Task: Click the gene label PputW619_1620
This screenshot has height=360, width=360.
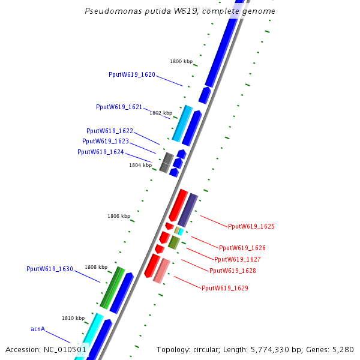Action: [132, 75]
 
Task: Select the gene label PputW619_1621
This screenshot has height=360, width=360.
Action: [119, 107]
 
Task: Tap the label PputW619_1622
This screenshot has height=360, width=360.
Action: [110, 131]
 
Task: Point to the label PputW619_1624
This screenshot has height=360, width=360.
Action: [101, 152]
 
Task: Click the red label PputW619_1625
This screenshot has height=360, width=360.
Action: [251, 227]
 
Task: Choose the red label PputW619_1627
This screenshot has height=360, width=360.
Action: [238, 260]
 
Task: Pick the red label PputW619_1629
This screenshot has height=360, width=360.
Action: [225, 289]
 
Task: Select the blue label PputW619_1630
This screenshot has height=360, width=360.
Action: [50, 269]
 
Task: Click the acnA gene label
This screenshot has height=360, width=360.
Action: [38, 329]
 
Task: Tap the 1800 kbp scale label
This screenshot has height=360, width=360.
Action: [181, 62]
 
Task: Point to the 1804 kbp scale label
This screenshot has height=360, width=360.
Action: [140, 165]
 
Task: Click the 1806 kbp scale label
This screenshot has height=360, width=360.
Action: [119, 216]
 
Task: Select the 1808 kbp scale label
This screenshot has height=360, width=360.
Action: [96, 267]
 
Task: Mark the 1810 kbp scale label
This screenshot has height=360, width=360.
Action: [73, 318]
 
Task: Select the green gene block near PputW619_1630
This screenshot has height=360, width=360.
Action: [112, 288]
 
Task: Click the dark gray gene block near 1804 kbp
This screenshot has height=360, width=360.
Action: [167, 162]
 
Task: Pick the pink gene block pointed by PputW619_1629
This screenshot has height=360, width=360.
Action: [161, 271]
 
